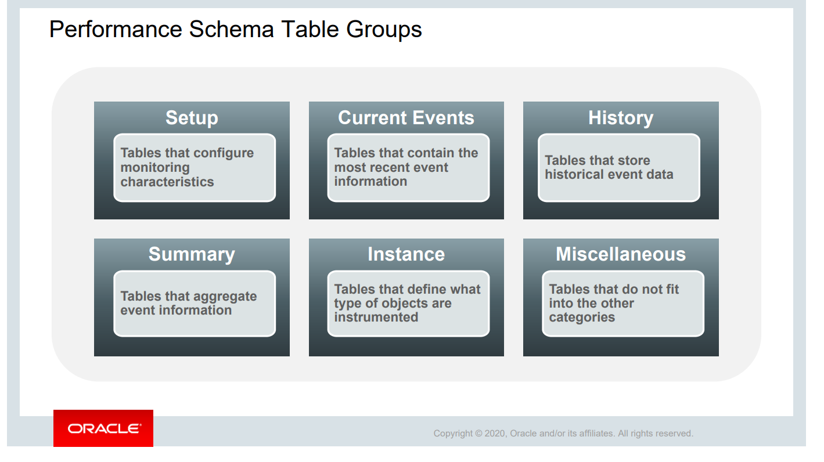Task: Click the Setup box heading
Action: pos(192,118)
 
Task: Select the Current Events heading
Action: pos(406,118)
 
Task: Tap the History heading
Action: pos(621,118)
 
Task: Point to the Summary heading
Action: pos(192,254)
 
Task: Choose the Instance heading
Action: pos(406,254)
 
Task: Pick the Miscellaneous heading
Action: pos(621,254)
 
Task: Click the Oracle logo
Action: pos(103,428)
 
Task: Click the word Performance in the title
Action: pos(116,30)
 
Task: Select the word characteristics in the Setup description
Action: pos(167,182)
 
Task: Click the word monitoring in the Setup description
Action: pos(155,168)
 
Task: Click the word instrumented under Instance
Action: pos(376,317)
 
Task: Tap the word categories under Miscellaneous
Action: pos(582,317)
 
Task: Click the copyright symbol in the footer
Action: pos(478,434)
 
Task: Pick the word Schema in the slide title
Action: pos(231,30)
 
